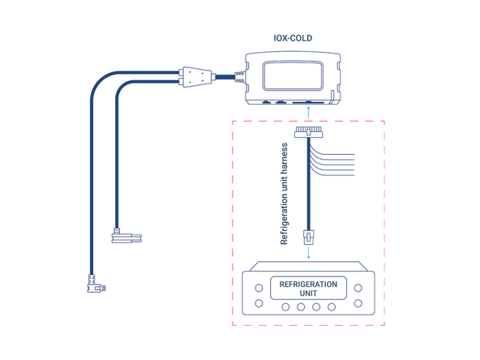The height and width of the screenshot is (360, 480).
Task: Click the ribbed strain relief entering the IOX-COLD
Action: pos(238,79)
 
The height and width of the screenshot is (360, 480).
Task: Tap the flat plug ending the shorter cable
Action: pos(128,238)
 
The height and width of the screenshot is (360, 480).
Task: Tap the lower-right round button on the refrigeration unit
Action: pos(358,305)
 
